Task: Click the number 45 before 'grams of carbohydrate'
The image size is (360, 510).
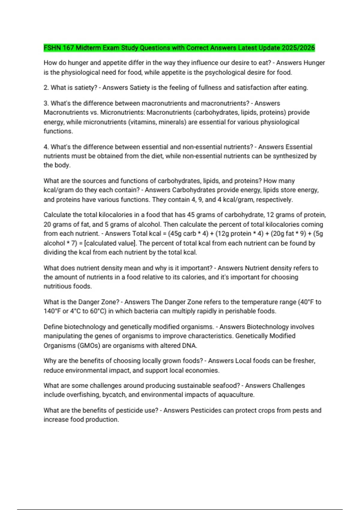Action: point(191,215)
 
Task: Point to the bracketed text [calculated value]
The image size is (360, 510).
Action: point(110,243)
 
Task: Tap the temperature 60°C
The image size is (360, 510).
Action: point(98,311)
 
